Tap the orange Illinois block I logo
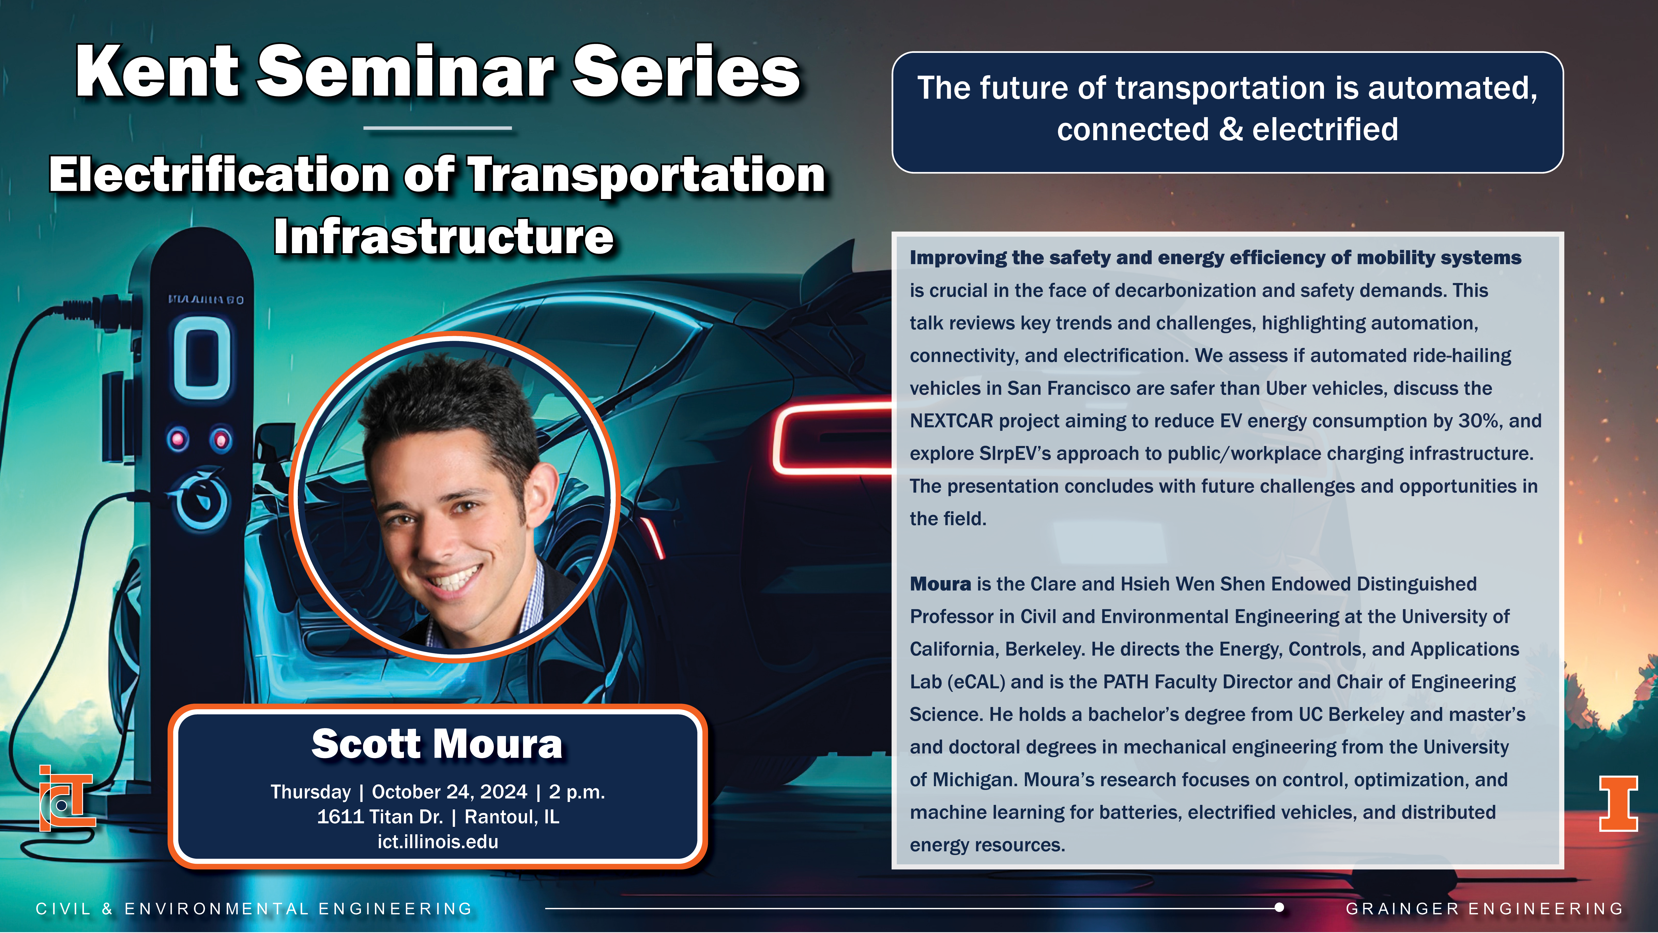coord(1618,804)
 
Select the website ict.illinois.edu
coord(438,842)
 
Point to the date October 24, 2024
coord(449,791)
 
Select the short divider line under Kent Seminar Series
coord(438,128)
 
